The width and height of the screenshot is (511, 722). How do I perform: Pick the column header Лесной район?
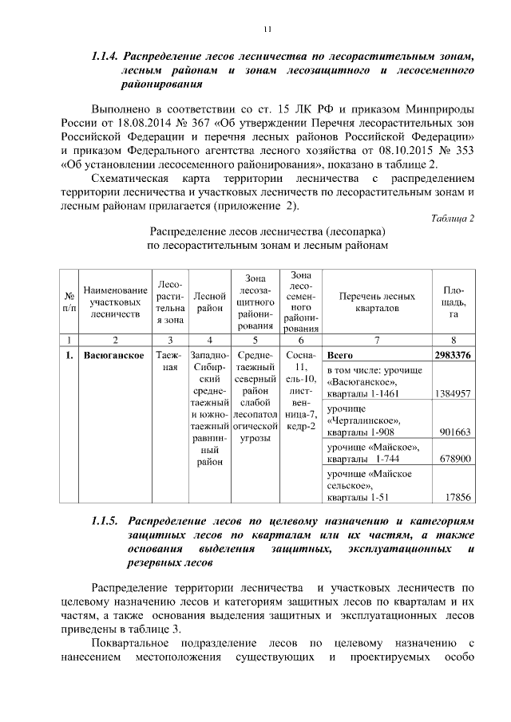pyautogui.click(x=210, y=302)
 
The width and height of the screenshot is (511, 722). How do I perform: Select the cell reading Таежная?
pyautogui.click(x=168, y=361)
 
